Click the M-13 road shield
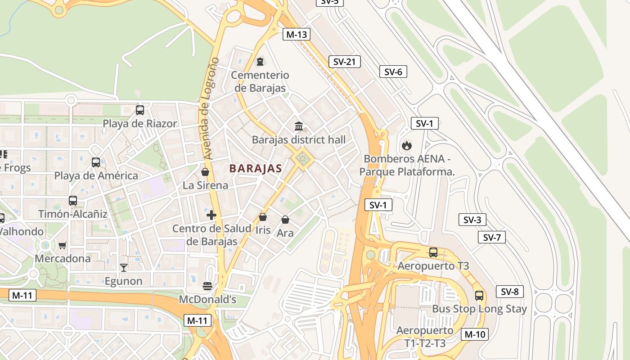coord(297,34)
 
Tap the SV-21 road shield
coord(344,62)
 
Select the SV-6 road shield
coord(393,72)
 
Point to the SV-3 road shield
coord(472,220)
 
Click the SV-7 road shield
coord(491,237)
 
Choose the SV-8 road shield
coord(510,292)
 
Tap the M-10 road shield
coord(475,334)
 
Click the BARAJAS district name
coord(256,169)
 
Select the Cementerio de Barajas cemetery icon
coord(260,61)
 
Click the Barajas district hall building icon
coord(299,126)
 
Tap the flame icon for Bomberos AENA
coord(406,145)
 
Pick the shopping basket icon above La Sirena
coord(205,172)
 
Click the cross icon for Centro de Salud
coord(211,215)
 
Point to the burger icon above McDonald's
coord(207,286)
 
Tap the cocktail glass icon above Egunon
coord(123,268)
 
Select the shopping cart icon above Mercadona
coord(63,245)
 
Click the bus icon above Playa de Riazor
coord(140,110)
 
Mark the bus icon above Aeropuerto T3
coord(433,252)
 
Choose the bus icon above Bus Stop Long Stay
coord(479,296)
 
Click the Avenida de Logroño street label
coord(211,108)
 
